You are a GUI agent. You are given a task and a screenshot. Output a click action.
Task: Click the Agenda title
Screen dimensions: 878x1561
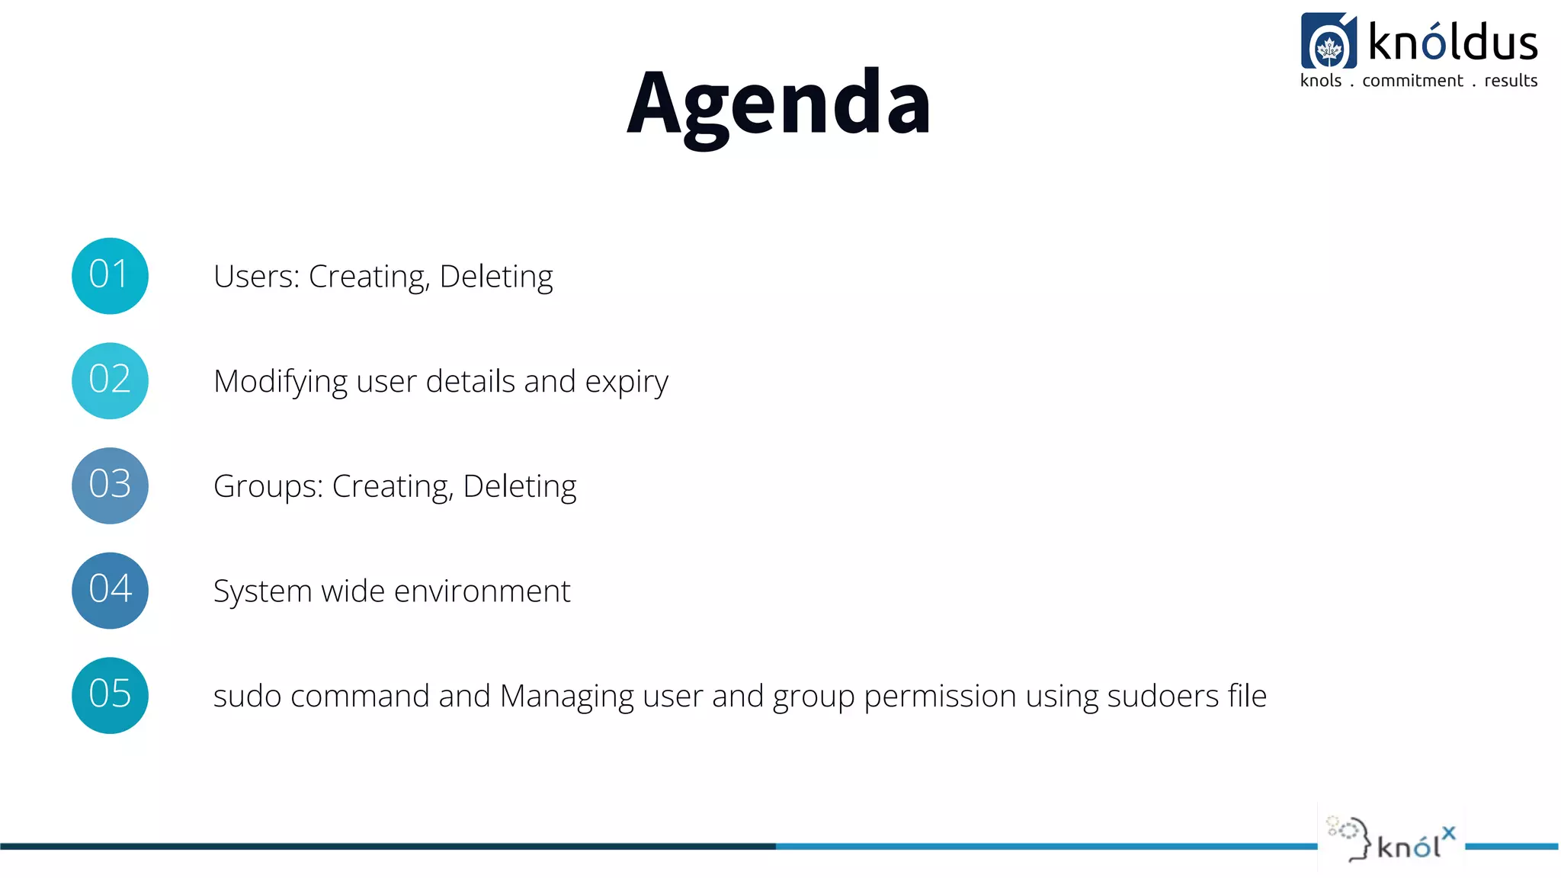(x=778, y=104)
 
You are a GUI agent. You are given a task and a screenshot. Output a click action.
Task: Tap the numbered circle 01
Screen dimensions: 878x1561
(x=110, y=276)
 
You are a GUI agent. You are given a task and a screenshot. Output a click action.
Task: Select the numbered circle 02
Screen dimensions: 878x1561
(x=110, y=380)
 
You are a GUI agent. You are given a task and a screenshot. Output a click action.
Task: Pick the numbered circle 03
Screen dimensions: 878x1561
(x=110, y=485)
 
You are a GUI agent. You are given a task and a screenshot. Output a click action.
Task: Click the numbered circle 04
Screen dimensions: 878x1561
(x=110, y=591)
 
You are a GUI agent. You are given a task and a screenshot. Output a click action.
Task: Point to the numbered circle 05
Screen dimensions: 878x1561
(x=110, y=695)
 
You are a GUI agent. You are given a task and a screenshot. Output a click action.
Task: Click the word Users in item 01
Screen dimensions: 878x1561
(x=256, y=277)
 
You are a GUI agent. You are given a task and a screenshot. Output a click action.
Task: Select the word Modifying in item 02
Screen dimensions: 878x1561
(x=280, y=382)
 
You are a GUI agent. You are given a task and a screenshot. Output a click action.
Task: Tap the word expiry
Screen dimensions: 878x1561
(x=626, y=382)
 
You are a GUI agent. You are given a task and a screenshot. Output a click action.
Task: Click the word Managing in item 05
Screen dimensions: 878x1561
(x=566, y=697)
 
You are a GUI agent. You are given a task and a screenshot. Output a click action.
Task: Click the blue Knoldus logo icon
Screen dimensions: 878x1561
(x=1329, y=41)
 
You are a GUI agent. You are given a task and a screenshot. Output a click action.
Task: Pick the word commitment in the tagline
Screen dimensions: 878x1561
(x=1412, y=81)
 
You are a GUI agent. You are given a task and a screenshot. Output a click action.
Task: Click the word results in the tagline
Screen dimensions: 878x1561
(x=1511, y=81)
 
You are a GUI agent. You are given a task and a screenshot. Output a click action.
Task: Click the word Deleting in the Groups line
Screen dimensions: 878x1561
(x=519, y=487)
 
